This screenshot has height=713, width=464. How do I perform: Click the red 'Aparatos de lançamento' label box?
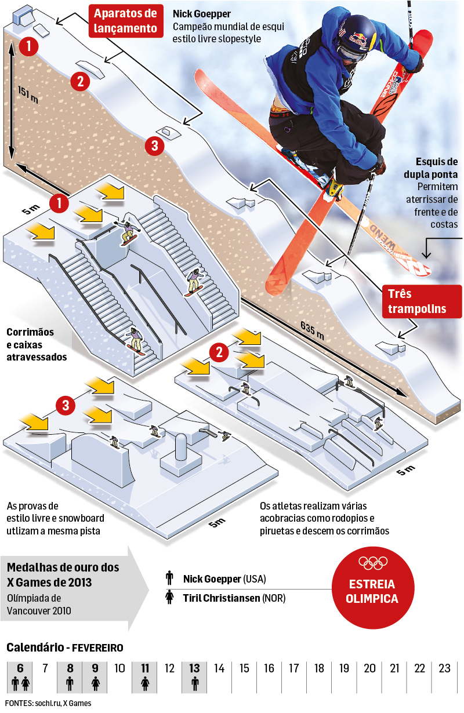pos(126,21)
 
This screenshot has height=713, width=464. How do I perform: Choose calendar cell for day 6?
pos(21,676)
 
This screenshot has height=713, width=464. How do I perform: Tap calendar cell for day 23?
pos(444,676)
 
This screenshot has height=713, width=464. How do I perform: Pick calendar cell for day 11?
pos(145,676)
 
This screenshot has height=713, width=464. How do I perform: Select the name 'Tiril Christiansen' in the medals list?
pos(222,598)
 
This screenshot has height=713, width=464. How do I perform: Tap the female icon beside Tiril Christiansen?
pos(169,598)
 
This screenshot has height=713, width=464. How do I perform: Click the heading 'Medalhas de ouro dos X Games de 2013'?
pos(63,574)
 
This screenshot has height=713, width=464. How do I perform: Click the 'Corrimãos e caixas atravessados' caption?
pos(38,344)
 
